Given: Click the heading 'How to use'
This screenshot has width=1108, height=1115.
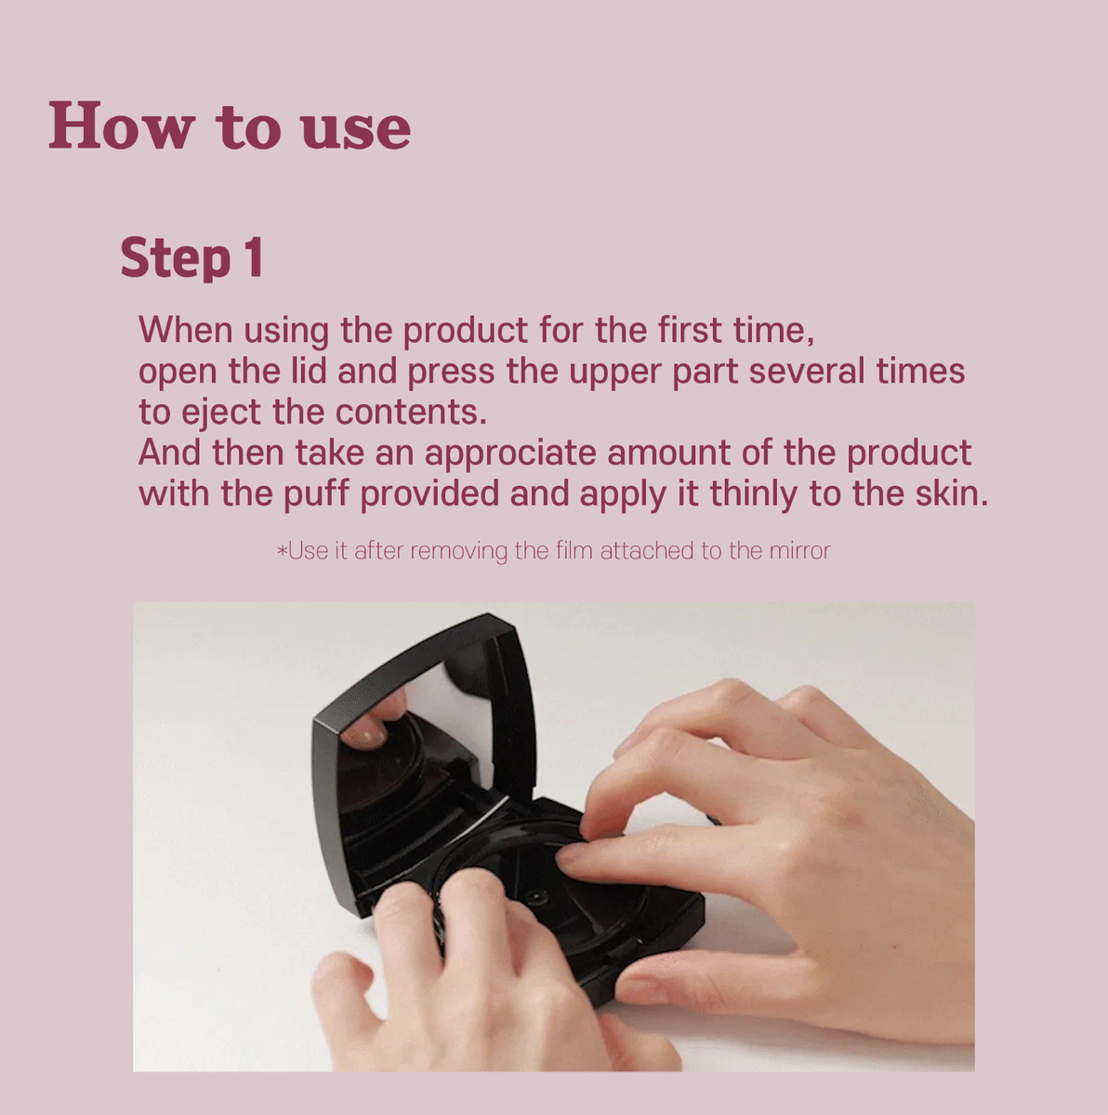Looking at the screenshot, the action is pyautogui.click(x=230, y=125).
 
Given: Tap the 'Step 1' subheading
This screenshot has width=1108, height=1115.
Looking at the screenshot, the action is pyautogui.click(x=191, y=258).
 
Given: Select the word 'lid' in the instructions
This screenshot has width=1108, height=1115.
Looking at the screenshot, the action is pyautogui.click(x=309, y=371).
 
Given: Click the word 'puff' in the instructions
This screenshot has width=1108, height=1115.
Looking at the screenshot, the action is pyautogui.click(x=316, y=493).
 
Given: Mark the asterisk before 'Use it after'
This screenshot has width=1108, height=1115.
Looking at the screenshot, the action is pyautogui.click(x=282, y=550).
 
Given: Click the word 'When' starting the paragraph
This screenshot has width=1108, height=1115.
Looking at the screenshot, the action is pyautogui.click(x=185, y=330).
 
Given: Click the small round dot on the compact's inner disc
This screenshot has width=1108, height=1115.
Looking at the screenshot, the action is pyautogui.click(x=536, y=898).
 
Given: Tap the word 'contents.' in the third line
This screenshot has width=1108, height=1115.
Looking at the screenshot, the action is pyautogui.click(x=411, y=413).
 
